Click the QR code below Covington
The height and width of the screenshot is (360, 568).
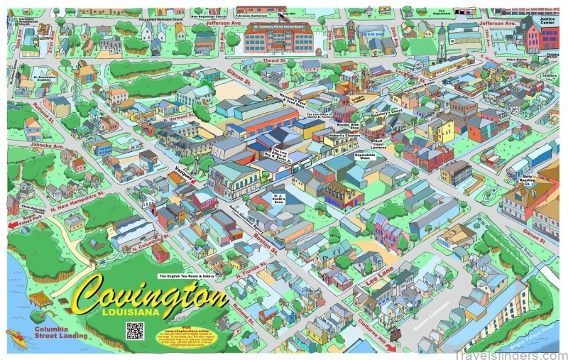tap(135, 330)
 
